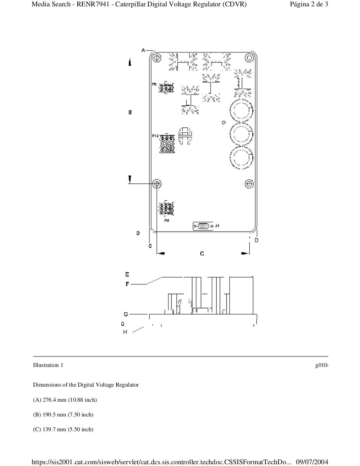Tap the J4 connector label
click(217, 226)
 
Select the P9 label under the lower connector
click(167, 220)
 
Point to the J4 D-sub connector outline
click(203, 226)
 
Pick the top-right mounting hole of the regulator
click(249, 57)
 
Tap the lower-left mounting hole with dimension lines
click(157, 183)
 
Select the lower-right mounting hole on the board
click(249, 184)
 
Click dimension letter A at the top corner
click(143, 50)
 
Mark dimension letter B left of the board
click(130, 112)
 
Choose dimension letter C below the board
click(202, 253)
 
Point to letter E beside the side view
click(127, 274)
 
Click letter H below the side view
click(125, 332)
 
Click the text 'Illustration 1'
click(48, 365)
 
